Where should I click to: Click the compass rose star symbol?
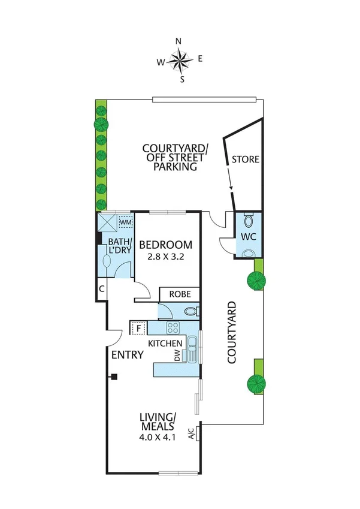(x=179, y=59)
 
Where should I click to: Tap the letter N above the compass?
(x=179, y=41)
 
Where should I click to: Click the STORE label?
(x=246, y=159)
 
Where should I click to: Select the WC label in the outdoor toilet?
(x=249, y=236)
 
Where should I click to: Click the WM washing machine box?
(x=125, y=222)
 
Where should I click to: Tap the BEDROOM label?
(x=166, y=245)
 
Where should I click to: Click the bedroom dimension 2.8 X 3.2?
(x=166, y=257)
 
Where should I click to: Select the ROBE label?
(x=179, y=295)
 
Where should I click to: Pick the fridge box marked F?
(x=139, y=328)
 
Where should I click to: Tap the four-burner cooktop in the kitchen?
(x=174, y=328)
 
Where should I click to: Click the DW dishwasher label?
(x=185, y=356)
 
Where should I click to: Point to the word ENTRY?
(x=128, y=355)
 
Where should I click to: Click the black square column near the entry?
(x=113, y=377)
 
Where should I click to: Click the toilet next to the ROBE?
(x=190, y=312)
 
